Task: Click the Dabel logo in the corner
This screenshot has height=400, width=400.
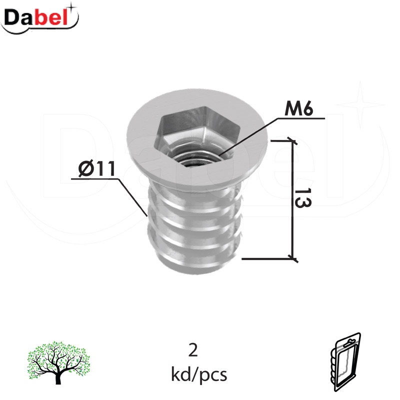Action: (40, 18)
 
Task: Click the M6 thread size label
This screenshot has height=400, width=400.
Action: (298, 108)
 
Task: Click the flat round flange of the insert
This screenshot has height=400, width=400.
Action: (145, 140)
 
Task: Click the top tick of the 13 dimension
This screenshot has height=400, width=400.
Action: (292, 141)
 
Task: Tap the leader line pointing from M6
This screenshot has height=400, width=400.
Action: (250, 135)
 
